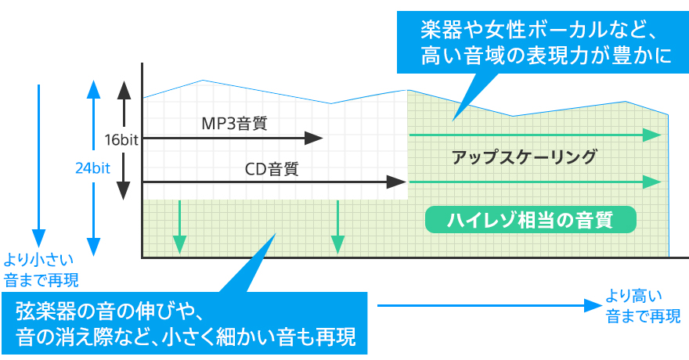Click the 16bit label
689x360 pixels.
121,140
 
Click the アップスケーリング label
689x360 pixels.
525,157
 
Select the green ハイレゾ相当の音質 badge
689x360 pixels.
530,220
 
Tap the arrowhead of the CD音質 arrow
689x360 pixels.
399,183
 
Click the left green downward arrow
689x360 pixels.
180,227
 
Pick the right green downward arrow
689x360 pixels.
337,227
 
